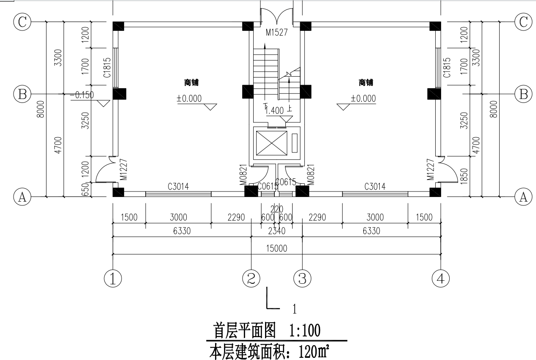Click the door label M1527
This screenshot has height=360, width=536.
click(x=276, y=32)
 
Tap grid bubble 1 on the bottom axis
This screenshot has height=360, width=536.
click(x=113, y=279)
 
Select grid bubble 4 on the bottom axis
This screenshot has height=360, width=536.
click(x=440, y=279)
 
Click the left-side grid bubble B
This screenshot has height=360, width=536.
click(x=22, y=94)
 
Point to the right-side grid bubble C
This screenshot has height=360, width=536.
click(x=523, y=22)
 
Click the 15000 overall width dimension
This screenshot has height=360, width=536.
click(x=276, y=249)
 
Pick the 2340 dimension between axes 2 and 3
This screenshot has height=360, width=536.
click(x=276, y=231)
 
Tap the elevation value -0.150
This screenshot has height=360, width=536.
click(x=82, y=95)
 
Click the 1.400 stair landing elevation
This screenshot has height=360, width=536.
click(x=275, y=111)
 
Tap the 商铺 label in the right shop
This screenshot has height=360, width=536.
click(x=366, y=83)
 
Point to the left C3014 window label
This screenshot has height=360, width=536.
click(x=178, y=186)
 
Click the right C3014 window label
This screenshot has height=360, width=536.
click(x=375, y=186)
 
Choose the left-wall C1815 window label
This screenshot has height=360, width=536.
click(x=107, y=68)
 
